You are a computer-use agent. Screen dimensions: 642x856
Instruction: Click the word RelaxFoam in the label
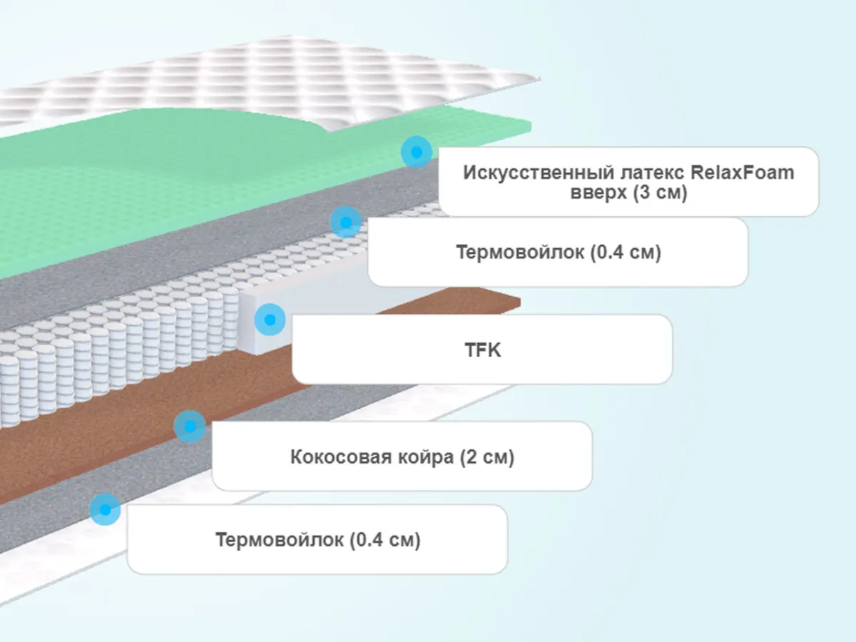click(743, 173)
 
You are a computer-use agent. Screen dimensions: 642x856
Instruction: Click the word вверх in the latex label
click(600, 193)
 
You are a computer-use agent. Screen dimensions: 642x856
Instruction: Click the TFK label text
click(482, 350)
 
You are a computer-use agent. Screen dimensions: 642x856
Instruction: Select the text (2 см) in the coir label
click(488, 457)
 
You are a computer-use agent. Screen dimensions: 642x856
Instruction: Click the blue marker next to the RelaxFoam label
click(416, 152)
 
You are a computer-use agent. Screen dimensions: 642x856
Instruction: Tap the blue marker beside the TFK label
click(270, 320)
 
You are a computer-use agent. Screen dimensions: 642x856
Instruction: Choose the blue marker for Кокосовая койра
click(190, 427)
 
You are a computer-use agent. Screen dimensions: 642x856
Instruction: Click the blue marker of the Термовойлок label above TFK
click(345, 223)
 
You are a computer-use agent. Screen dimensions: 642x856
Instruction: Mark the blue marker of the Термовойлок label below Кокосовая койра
click(105, 509)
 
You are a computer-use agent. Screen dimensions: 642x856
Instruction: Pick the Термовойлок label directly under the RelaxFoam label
click(558, 253)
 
